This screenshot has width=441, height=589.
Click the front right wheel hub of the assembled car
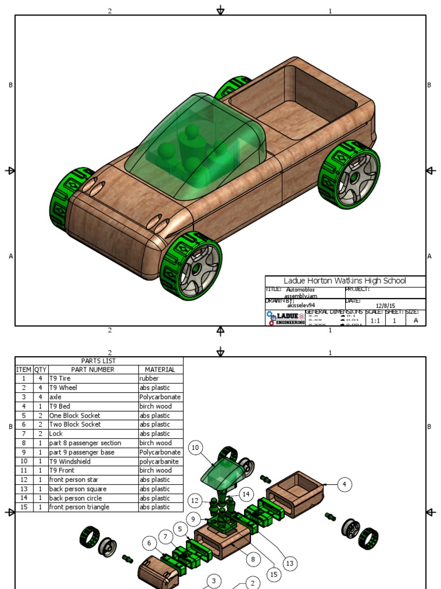click(x=196, y=268)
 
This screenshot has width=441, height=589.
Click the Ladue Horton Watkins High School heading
click(x=345, y=281)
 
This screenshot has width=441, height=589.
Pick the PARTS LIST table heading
click(x=98, y=361)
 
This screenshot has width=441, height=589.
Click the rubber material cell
click(x=149, y=378)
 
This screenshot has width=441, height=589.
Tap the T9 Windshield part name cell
click(x=73, y=461)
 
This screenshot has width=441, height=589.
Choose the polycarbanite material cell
click(x=159, y=461)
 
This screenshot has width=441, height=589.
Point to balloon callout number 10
click(x=195, y=448)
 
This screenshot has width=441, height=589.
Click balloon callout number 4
click(x=344, y=484)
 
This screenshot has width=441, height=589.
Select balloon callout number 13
click(x=290, y=564)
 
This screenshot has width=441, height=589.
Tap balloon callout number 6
click(x=150, y=543)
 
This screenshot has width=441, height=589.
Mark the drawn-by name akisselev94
click(x=301, y=305)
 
